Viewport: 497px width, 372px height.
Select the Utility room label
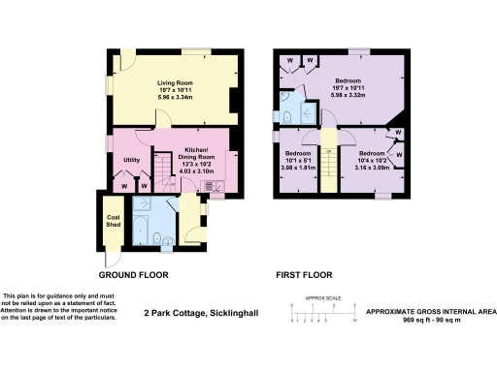pyautogui.click(x=133, y=159)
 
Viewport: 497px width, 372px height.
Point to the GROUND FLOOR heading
pyautogui.click(x=134, y=275)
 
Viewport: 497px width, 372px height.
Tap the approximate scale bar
pyautogui.click(x=324, y=311)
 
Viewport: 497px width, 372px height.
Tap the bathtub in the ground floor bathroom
pyautogui.click(x=140, y=231)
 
